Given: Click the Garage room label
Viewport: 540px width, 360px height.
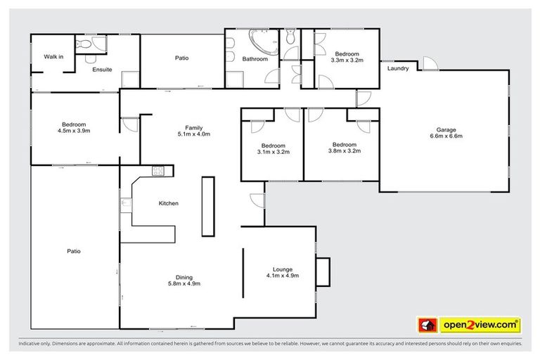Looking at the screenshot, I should (x=446, y=130).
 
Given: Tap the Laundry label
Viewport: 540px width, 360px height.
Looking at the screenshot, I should (x=398, y=68).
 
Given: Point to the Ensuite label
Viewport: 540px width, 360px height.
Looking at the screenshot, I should (x=103, y=69).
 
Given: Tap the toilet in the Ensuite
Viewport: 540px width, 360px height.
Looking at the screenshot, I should (x=84, y=44).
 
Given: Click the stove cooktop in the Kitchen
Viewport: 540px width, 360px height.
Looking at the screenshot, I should (x=158, y=170).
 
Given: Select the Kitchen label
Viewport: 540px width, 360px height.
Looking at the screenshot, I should (x=168, y=203).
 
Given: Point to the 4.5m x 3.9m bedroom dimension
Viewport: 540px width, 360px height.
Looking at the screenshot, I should (x=74, y=130).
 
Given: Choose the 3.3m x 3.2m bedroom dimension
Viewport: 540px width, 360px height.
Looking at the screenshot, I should (x=347, y=60).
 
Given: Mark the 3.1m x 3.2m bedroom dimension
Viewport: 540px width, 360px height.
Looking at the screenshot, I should (x=274, y=151).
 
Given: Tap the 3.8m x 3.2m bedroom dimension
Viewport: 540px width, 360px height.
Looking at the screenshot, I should (x=345, y=150).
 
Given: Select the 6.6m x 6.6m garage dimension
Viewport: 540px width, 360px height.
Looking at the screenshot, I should (x=446, y=136).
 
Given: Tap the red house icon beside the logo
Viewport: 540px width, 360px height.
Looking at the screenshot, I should (x=427, y=325).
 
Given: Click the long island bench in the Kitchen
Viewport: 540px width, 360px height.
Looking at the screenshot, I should (x=207, y=206).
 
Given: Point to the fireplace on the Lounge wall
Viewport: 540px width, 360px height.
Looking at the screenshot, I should (x=322, y=271).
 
